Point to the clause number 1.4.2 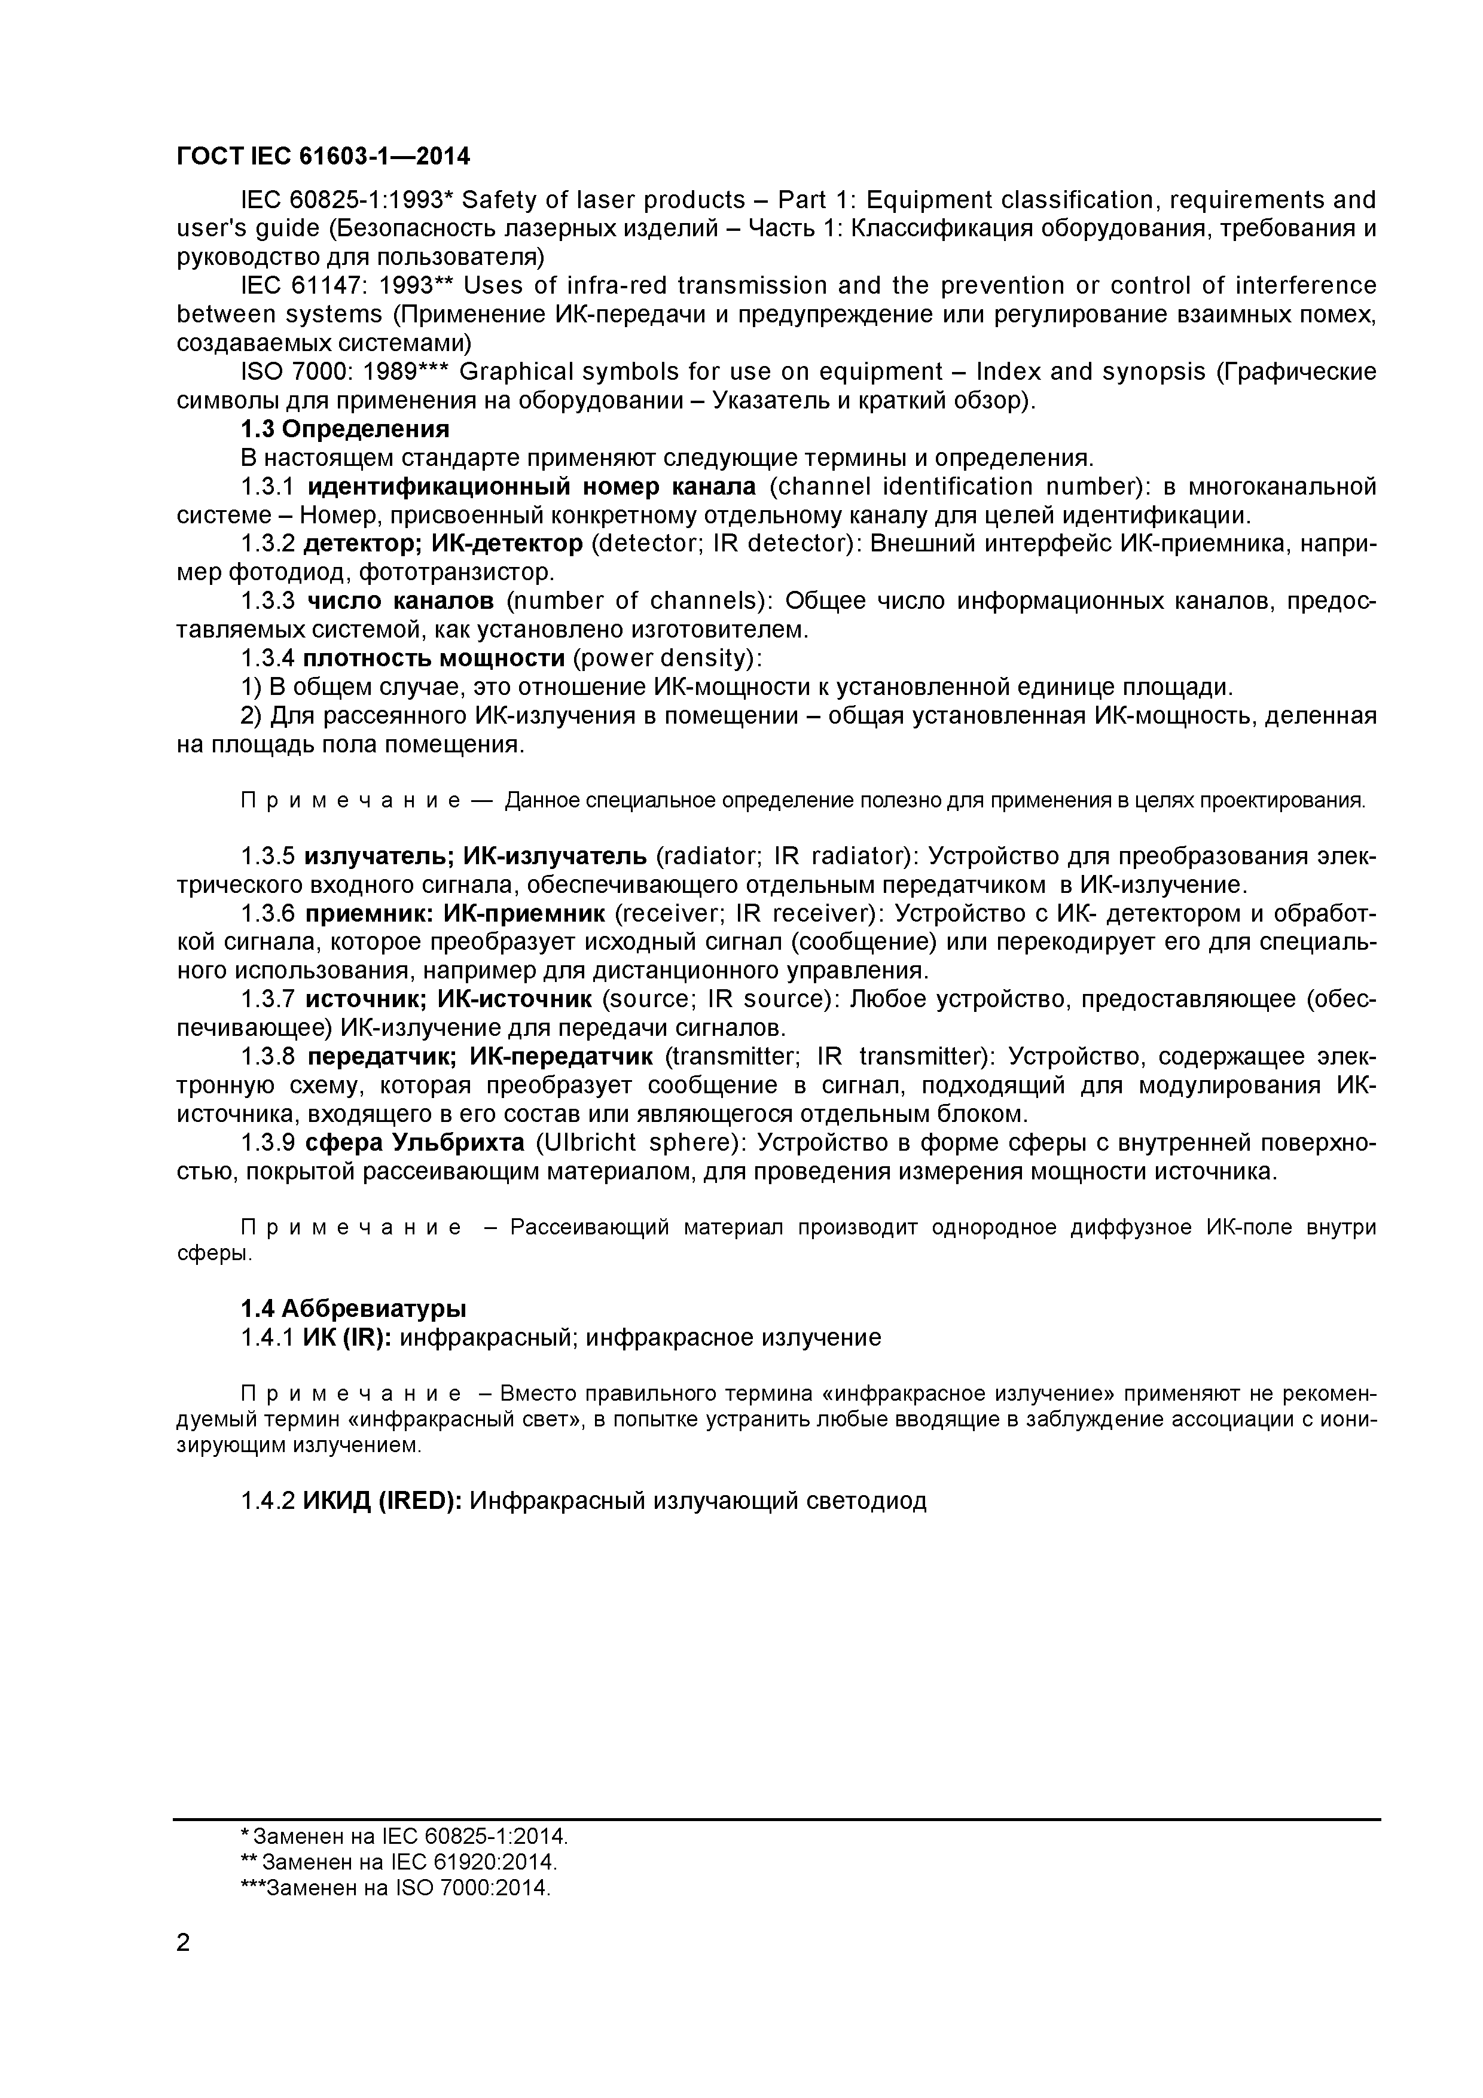pos(267,1501)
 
